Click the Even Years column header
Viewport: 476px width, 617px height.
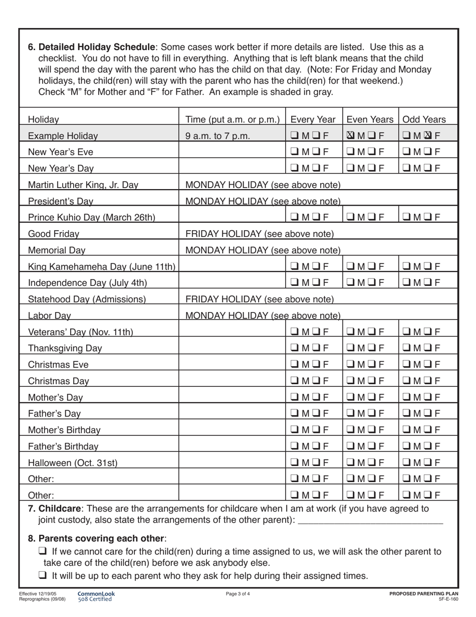370,119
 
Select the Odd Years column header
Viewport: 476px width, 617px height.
424,119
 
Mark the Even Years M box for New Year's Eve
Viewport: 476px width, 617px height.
350,152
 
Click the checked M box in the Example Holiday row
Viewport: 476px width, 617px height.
350,135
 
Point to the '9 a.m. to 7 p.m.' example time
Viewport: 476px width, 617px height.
217,136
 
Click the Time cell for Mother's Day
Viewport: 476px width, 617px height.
232,397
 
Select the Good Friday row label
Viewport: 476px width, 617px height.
54,234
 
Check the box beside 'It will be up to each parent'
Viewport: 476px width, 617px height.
43,575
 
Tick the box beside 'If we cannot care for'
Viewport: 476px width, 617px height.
43,551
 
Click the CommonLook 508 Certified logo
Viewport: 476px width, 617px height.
96,596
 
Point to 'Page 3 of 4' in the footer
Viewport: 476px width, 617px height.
238,594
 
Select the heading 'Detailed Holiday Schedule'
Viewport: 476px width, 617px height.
97,47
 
